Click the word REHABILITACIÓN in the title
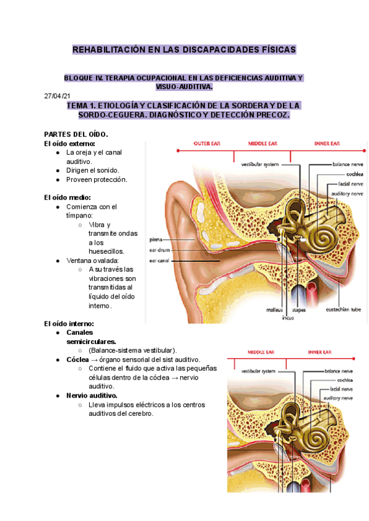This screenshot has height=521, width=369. tap(110, 49)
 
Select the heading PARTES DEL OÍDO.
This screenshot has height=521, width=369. tap(76, 134)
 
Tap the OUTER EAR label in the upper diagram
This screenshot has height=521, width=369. tap(207, 144)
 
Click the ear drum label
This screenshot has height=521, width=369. tap(159, 250)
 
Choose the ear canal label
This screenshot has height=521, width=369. tap(159, 260)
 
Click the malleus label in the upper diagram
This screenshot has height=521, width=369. tap(275, 310)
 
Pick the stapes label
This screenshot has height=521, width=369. tap(299, 310)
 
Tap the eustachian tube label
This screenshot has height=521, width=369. tap(343, 310)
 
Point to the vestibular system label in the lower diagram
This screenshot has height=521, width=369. tap(258, 371)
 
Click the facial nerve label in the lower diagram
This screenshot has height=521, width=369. tap(342, 389)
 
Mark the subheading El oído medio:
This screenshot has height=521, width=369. tap(68, 197)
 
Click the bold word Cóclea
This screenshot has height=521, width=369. tap(80, 359)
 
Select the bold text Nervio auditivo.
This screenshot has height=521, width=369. tap(92, 396)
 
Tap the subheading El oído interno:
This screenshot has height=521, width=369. tap(69, 323)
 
